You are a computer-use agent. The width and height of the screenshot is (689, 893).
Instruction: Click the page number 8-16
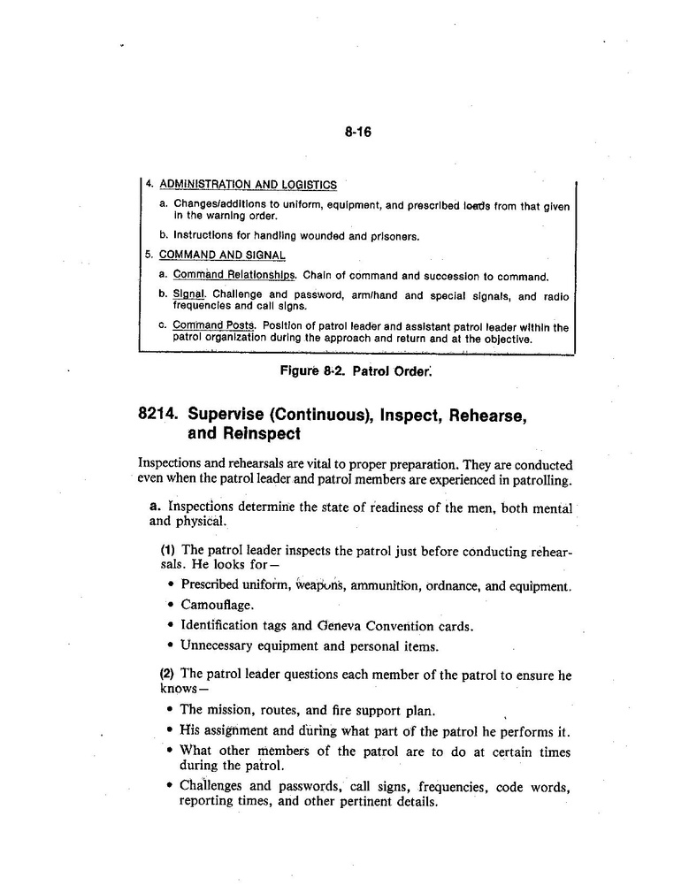click(x=357, y=133)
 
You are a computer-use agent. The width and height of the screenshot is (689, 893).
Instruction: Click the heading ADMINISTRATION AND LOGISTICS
click(x=248, y=185)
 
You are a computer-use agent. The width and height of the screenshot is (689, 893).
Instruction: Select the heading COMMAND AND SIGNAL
click(x=222, y=256)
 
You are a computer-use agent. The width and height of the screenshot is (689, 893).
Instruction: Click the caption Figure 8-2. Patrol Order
click(x=356, y=371)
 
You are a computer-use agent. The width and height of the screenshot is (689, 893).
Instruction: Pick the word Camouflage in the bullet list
click(x=217, y=605)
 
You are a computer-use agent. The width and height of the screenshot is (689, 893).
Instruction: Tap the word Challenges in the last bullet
click(x=212, y=786)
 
